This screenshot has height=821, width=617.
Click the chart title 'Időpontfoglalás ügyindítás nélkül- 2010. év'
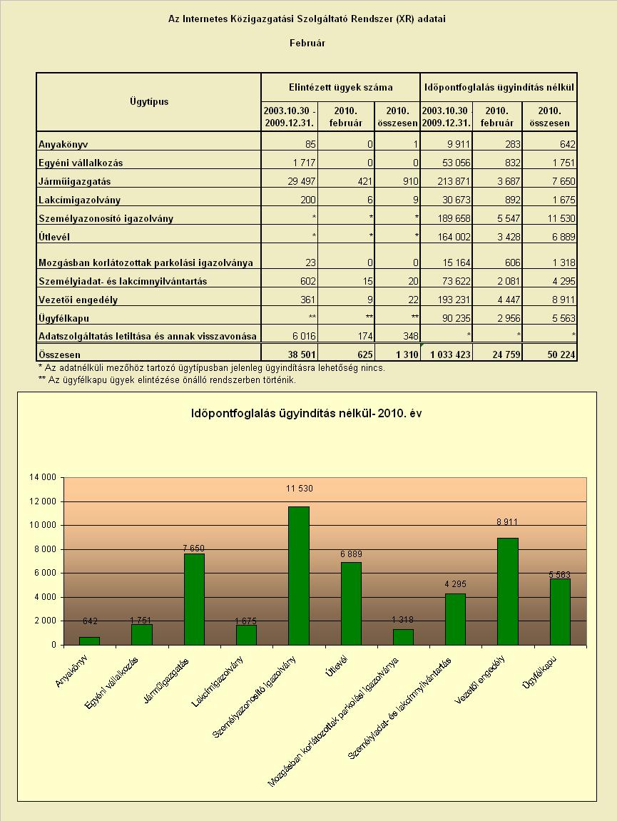point(307,414)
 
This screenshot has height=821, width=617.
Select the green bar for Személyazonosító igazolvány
point(299,576)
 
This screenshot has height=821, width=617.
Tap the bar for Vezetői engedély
point(508,591)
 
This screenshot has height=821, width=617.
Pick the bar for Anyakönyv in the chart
point(90,641)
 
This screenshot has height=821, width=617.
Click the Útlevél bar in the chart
point(351,603)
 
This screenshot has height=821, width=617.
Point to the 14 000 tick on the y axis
point(42,477)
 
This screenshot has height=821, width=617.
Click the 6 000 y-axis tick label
point(45,573)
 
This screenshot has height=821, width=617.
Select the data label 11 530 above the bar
point(299,489)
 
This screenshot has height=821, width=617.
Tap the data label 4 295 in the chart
point(455,583)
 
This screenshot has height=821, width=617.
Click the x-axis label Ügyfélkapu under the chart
point(539,672)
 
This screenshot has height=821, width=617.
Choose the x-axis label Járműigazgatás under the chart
point(166,680)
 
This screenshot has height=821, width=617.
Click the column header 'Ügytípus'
point(149,101)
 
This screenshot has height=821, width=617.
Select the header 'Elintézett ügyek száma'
point(340,88)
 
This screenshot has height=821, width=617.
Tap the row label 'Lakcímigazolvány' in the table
point(79,200)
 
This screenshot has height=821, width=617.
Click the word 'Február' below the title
point(307,43)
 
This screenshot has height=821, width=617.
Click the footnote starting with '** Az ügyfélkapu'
point(167,379)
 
